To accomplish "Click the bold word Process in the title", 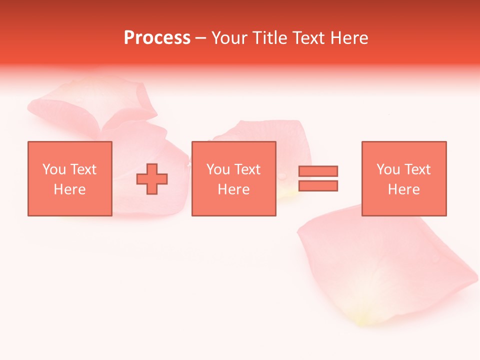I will [157, 38].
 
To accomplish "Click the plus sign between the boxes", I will [152, 179].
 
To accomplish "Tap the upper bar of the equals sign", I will [318, 171].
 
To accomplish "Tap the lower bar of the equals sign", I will [318, 186].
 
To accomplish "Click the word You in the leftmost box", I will [54, 169].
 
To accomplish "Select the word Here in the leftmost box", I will [69, 189].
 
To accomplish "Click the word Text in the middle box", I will [247, 169].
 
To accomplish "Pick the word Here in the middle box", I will [233, 189].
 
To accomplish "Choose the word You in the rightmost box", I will [388, 169].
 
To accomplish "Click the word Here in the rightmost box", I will [403, 189].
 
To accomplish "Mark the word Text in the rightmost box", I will [417, 169].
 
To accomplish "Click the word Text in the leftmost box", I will [83, 169].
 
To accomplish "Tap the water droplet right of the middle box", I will [283, 176].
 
